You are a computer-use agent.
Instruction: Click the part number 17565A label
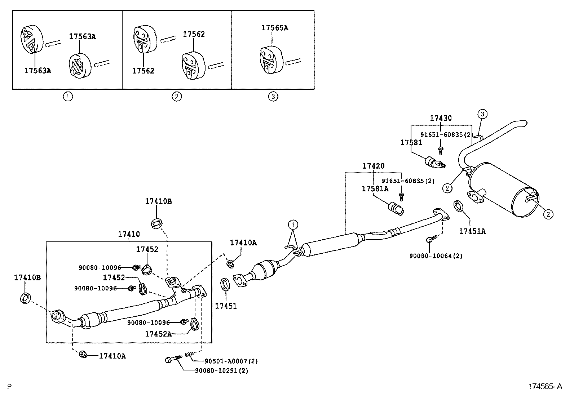tap(275, 28)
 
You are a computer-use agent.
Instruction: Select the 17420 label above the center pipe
tap(373, 166)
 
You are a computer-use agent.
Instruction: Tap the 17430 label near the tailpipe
tap(441, 118)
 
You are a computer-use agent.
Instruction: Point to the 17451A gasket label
tap(472, 231)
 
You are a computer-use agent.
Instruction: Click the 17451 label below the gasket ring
tap(226, 306)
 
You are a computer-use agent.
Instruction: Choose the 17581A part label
tap(375, 189)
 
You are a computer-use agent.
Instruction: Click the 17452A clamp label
tap(158, 334)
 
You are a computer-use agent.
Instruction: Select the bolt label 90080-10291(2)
tap(221, 370)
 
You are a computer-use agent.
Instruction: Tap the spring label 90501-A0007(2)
tap(231, 361)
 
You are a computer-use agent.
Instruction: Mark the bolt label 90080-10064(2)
tap(436, 256)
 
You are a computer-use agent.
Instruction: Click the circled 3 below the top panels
tap(273, 96)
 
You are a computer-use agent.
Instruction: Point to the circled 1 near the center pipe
tap(293, 225)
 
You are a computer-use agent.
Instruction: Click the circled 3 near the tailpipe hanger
tap(482, 115)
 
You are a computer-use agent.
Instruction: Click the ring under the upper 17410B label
tap(157, 223)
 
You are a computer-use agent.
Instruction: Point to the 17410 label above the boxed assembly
tap(129, 234)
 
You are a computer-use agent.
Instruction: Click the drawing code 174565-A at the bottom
tap(545, 387)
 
